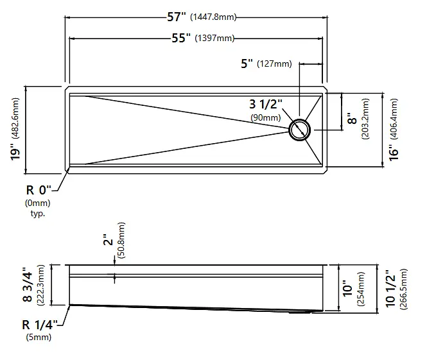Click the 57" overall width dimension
click(177, 17)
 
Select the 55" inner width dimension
click(181, 38)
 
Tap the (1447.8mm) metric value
click(213, 17)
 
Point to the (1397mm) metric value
click(214, 38)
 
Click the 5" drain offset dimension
click(247, 64)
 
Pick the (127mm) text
click(274, 64)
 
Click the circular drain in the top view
click(299, 130)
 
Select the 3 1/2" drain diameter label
click(266, 104)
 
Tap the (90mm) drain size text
click(266, 117)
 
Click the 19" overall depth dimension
click(15, 154)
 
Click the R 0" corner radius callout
click(39, 190)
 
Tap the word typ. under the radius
click(38, 214)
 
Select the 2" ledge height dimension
click(108, 239)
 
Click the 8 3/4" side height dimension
click(28, 285)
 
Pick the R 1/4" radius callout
click(40, 324)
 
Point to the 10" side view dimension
click(348, 289)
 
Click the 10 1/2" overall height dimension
click(390, 289)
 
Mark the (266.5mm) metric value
click(403, 289)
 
